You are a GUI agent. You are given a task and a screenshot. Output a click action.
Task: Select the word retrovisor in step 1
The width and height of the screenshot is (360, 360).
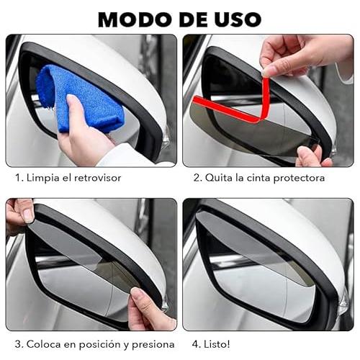[97, 178]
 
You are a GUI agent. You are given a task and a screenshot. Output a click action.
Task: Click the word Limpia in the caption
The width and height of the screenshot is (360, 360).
[43, 178]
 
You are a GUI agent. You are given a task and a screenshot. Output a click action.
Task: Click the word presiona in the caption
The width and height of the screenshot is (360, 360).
[153, 345]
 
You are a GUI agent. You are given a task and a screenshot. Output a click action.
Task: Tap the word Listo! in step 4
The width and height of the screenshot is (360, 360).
[217, 344]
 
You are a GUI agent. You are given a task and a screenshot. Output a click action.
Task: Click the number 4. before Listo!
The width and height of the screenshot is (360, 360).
[197, 344]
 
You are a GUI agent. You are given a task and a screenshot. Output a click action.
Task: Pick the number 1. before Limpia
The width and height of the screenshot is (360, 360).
[19, 178]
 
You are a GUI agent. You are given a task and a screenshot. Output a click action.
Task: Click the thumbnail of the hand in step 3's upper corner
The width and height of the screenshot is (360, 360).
[29, 215]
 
